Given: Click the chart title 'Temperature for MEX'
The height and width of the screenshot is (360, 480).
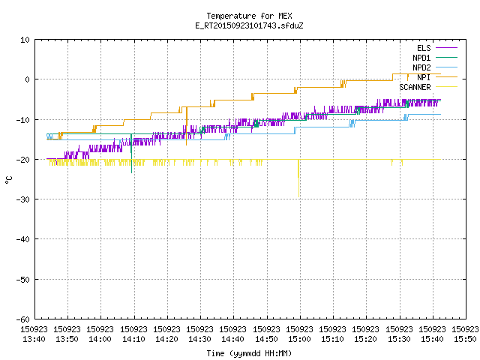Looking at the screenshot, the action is point(249,16).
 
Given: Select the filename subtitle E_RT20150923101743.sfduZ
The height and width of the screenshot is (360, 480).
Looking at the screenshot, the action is point(249,25).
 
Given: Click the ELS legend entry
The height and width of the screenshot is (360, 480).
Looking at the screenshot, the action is point(437,48).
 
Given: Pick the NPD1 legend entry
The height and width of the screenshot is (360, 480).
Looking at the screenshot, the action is point(435,58).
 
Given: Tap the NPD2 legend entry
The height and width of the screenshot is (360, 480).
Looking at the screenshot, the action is point(435,67).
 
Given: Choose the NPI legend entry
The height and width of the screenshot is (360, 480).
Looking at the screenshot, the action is point(437,77).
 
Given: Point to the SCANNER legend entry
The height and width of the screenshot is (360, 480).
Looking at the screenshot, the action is point(428,87).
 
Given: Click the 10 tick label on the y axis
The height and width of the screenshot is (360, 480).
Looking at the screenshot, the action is point(25,40).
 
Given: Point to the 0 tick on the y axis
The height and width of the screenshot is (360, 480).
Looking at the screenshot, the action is point(28,79).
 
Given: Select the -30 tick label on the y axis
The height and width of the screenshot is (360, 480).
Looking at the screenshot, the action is point(23,199).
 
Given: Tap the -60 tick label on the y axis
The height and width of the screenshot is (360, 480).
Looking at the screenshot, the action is point(23,319).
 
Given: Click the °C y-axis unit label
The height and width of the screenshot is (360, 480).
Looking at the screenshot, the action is point(8,180).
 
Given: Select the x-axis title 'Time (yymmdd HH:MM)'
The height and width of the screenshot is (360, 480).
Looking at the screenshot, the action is point(249,353).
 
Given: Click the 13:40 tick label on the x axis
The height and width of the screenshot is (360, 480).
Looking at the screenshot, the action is point(34,334).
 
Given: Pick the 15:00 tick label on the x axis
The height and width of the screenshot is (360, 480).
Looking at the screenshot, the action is point(299,334).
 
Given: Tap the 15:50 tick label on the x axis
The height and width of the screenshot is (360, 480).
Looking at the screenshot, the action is point(465,334).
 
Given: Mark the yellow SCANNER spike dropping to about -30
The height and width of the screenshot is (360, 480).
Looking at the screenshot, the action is point(298,178).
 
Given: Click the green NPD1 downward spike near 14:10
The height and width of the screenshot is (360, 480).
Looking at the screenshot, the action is point(132,154).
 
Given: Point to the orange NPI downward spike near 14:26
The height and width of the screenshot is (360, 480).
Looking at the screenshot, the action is point(187,126).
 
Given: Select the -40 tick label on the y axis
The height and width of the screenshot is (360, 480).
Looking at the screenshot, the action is point(23,239).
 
